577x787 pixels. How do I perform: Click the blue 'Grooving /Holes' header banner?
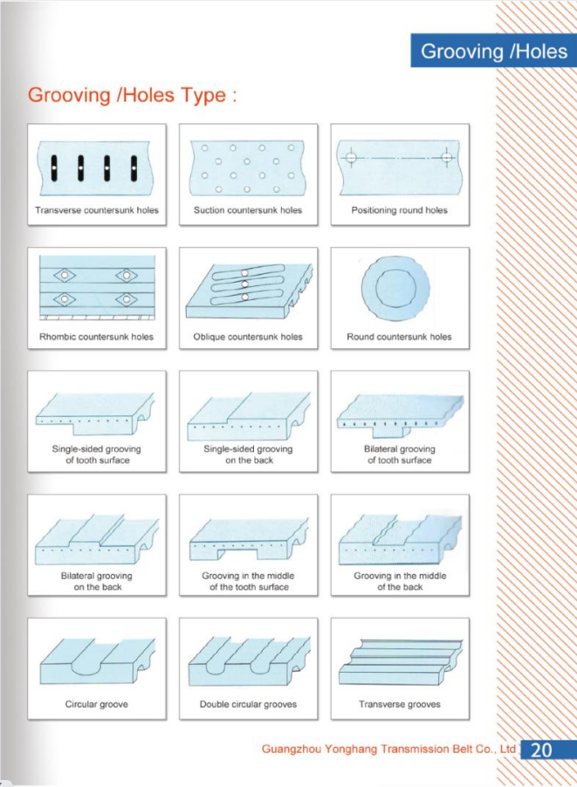(494, 51)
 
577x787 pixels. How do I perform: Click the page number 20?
(541, 749)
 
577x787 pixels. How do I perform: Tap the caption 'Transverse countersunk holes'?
(96, 210)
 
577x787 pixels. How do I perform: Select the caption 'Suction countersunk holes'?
(248, 210)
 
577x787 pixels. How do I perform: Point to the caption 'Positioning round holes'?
(399, 210)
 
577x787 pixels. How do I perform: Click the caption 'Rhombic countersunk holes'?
(96, 337)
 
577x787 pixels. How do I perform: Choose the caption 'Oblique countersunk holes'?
(248, 337)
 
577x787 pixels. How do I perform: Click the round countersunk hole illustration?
(395, 288)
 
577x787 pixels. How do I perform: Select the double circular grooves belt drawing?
(249, 661)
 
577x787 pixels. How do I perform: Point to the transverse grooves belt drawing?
(401, 662)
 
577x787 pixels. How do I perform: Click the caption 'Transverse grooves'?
(399, 704)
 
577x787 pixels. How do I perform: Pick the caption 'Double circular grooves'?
(248, 704)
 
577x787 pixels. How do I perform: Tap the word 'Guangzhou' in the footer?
(292, 749)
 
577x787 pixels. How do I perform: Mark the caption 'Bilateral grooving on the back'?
(96, 581)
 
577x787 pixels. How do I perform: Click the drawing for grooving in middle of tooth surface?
(249, 539)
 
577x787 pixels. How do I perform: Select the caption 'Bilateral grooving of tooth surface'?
(400, 455)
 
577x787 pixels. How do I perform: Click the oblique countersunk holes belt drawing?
(249, 291)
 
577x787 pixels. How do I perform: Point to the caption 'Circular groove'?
(96, 704)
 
